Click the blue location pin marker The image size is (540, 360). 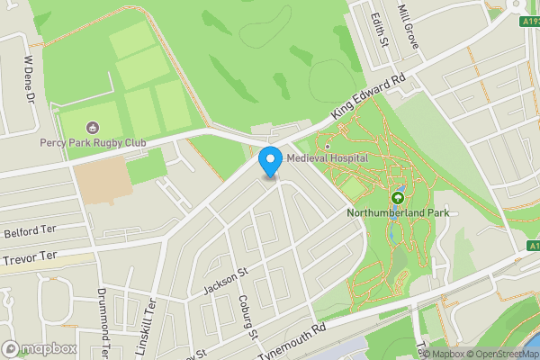coord(269,161)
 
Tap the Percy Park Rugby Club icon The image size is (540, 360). coord(92,128)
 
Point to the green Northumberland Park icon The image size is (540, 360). coord(397,197)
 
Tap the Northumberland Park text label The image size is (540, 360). coord(397,213)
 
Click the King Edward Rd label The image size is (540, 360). coord(369,96)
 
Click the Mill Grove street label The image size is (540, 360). coord(409,27)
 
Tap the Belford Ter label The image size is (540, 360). coord(25,232)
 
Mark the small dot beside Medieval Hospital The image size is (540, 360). coord(328,146)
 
